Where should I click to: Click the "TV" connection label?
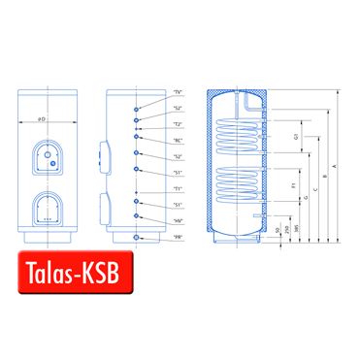click(178, 92)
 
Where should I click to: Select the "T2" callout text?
click(178, 124)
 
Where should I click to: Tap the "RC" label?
click(178, 140)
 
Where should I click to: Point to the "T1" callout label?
click(178, 187)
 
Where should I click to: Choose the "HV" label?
click(178, 220)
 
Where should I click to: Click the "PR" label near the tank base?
click(178, 237)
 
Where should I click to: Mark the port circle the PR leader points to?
click(138, 237)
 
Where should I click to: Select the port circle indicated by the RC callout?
click(138, 139)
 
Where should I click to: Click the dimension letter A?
click(335, 166)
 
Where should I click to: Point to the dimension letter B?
click(322, 175)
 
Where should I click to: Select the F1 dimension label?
click(293, 183)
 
